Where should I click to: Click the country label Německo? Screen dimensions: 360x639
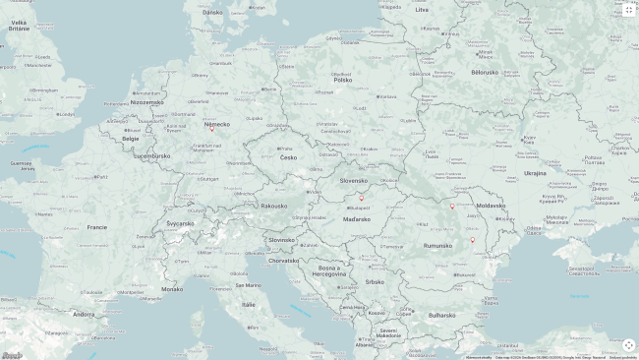tap(216, 124)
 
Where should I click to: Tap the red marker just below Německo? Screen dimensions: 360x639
tap(211, 129)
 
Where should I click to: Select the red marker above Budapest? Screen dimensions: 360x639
tap(361, 198)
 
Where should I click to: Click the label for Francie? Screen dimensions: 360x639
tap(96, 226)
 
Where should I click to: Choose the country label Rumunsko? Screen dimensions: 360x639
tap(437, 245)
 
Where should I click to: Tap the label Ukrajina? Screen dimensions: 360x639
tap(535, 172)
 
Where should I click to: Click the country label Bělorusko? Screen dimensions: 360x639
tap(485, 72)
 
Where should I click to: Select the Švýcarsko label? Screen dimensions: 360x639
tap(180, 222)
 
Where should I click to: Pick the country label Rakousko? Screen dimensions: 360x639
tap(274, 206)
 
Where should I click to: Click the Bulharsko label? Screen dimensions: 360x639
tap(442, 315)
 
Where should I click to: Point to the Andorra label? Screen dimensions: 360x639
tap(84, 314)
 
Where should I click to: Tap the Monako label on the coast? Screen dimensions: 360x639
tap(172, 288)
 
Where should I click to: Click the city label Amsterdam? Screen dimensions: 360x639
tap(148, 93)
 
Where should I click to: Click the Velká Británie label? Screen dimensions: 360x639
tap(20, 26)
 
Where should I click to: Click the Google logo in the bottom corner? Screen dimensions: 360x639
tap(12, 355)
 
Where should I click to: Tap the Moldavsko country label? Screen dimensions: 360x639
tap(491, 206)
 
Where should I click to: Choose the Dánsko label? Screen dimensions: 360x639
tap(212, 12)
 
